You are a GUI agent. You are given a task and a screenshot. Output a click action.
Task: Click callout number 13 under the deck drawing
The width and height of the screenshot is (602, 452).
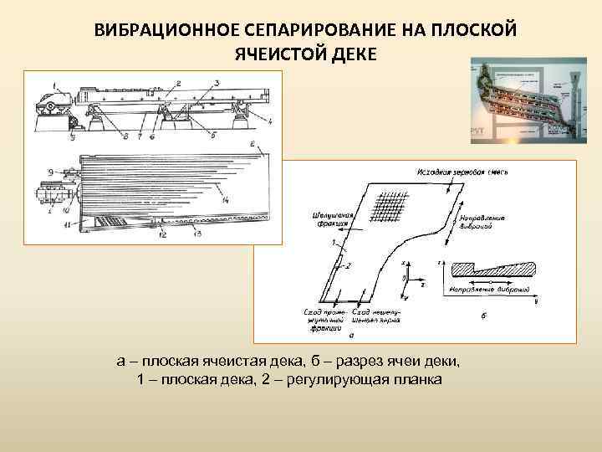tap(197, 234)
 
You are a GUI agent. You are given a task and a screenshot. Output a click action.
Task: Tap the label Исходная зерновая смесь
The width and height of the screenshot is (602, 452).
tap(461, 172)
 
